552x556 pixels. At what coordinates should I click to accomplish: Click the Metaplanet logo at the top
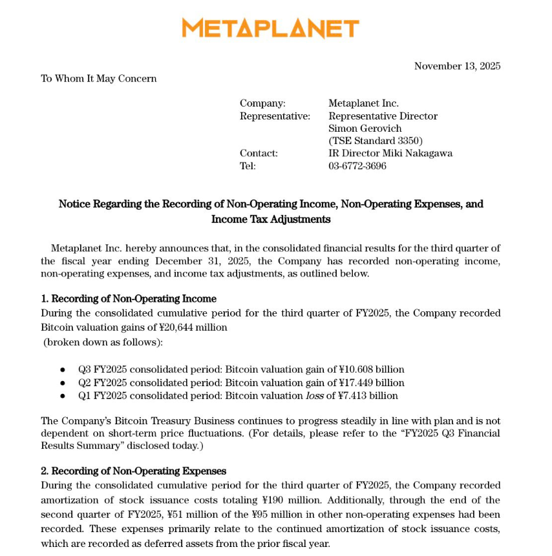[270, 28]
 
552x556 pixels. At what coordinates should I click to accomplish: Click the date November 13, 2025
[457, 66]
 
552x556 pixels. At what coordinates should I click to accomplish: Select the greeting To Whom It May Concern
[99, 79]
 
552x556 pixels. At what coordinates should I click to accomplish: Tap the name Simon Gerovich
[365, 129]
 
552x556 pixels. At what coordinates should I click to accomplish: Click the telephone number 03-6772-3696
[357, 166]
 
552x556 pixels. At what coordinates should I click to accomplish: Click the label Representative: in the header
[275, 116]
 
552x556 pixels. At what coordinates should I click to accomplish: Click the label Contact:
[259, 154]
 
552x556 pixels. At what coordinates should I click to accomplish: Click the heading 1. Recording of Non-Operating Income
[128, 299]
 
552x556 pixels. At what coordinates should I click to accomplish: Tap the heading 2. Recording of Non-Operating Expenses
[133, 471]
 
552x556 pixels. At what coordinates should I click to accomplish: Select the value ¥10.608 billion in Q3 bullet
[372, 370]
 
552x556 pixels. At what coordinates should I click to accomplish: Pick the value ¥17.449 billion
[372, 383]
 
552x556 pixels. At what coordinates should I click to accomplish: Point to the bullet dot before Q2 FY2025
[63, 383]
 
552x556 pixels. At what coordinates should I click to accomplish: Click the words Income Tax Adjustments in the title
[271, 220]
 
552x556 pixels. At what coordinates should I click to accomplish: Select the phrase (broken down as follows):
[103, 342]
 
